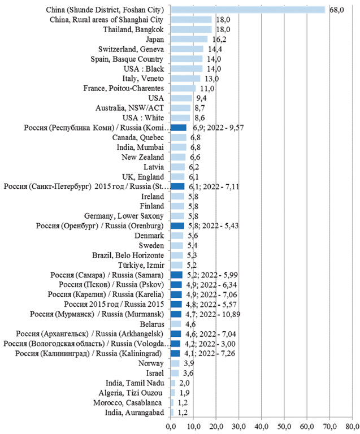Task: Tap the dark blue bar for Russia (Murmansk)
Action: pos(176,314)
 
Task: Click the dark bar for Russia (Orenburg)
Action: pos(177,225)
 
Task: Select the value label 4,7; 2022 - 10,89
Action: pos(215,314)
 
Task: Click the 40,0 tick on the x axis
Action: pos(261,424)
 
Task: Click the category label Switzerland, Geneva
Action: pos(131,49)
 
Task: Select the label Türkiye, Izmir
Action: pos(139,264)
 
